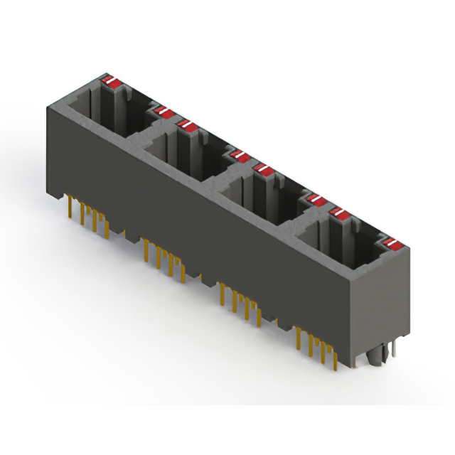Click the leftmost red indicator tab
(x=112, y=81)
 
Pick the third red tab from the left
(x=188, y=126)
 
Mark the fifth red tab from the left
(x=264, y=170)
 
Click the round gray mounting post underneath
(x=375, y=355)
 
